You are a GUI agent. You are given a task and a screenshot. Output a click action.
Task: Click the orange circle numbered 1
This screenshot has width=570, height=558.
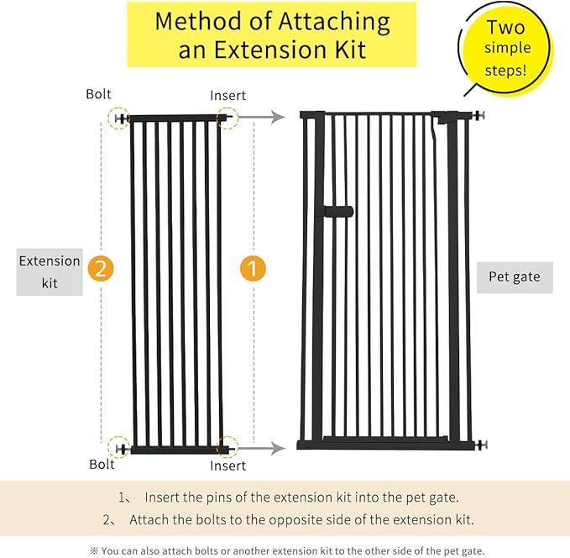pos(253,269)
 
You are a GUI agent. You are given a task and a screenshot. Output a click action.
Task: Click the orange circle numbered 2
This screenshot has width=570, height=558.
pos(100,269)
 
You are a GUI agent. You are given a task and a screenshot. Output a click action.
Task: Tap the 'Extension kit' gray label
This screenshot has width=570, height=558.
pos(50,271)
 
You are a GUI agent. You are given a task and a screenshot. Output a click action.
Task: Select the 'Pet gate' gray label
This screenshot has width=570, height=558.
pos(515,276)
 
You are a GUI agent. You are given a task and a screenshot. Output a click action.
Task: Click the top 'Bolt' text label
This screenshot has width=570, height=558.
pos(97,95)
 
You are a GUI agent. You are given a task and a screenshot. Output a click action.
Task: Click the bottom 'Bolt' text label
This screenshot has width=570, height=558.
pos(102,464)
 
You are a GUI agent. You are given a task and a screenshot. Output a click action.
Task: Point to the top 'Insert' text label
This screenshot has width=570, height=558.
pos(227,95)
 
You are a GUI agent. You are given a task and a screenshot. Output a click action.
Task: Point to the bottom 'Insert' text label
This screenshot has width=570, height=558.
pos(227,465)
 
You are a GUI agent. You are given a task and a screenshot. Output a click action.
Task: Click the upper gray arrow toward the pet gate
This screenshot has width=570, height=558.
pos(269,118)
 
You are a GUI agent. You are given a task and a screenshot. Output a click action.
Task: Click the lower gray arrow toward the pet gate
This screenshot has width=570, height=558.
pos(269,448)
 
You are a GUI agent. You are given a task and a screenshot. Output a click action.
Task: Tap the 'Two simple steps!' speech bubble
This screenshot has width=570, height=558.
pos(505,49)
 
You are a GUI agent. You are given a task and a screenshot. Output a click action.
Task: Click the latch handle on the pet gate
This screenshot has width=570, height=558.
pos(340,212)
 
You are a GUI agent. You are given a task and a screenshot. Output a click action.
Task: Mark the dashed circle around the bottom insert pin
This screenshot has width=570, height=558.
pos(227,447)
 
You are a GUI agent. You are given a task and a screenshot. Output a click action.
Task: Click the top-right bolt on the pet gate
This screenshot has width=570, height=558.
pos(480,118)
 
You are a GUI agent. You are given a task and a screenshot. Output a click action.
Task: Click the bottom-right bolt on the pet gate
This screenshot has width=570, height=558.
pos(480,445)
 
